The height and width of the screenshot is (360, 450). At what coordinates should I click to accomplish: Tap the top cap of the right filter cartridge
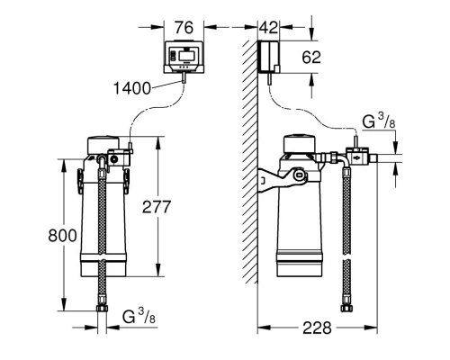click(301, 144)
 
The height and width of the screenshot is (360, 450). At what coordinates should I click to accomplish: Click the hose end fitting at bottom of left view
click(104, 314)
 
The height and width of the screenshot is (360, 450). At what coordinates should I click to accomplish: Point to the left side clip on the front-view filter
click(78, 180)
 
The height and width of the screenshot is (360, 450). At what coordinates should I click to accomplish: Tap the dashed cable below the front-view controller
click(153, 108)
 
